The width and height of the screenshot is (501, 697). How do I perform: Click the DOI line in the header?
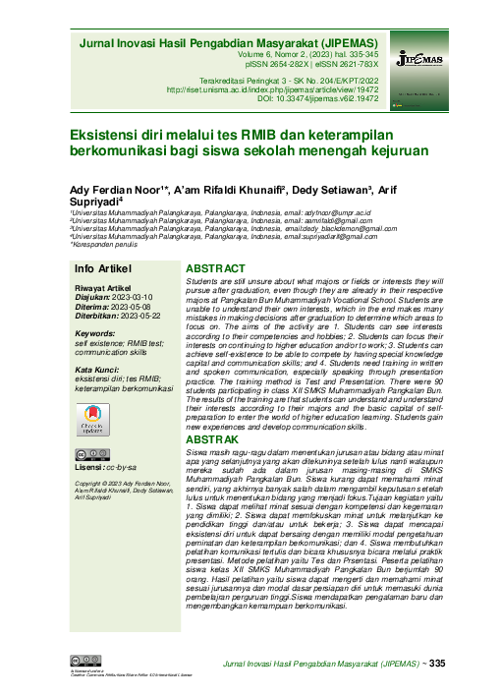pos(322,99)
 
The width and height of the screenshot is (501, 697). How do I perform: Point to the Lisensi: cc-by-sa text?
pos(107,467)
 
